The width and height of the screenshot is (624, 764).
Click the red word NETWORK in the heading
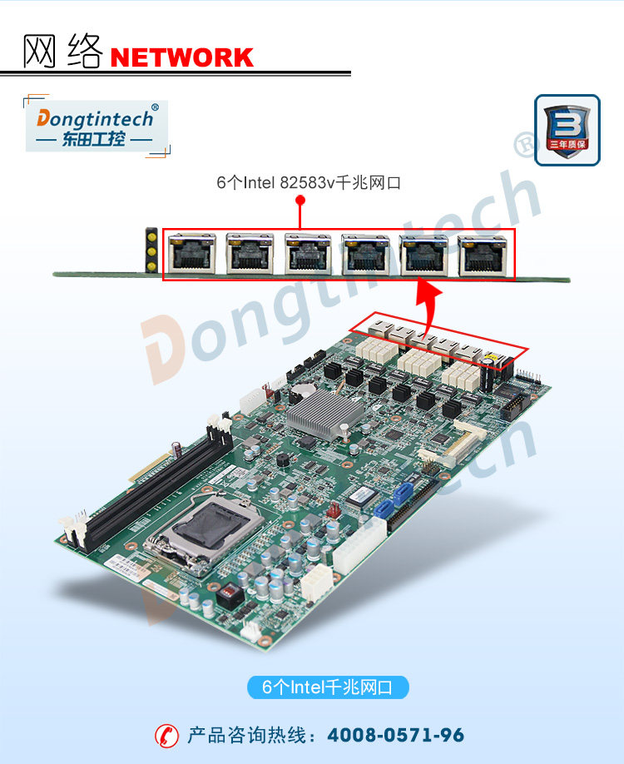click(181, 57)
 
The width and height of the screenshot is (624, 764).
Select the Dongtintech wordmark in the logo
click(95, 119)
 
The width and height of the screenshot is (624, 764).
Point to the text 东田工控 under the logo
click(93, 139)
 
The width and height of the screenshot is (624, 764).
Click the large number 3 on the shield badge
click(566, 125)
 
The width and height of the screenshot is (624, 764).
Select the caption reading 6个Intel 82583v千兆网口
click(309, 183)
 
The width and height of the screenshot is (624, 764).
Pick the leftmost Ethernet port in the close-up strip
click(191, 253)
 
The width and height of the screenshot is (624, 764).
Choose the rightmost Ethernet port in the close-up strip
click(483, 253)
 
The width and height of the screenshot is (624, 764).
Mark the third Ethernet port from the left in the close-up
click(308, 253)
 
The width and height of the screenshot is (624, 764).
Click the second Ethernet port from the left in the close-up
click(250, 253)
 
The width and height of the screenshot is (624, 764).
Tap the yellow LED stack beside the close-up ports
click(152, 248)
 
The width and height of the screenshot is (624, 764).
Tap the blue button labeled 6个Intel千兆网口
click(328, 687)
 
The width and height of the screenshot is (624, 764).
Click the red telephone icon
click(166, 736)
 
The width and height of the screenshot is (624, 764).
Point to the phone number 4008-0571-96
click(396, 736)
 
